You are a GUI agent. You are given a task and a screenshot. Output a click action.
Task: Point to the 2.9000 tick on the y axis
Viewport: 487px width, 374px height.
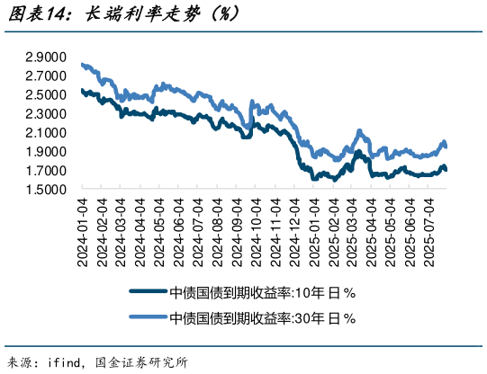click(x=45, y=57)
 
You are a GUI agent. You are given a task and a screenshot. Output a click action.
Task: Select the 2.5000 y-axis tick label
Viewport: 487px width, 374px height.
click(x=45, y=94)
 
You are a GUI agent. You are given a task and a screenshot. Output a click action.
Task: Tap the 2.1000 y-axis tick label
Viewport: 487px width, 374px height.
click(x=45, y=133)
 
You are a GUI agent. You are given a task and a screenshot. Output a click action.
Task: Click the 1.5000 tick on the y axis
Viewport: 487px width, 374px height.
click(x=45, y=190)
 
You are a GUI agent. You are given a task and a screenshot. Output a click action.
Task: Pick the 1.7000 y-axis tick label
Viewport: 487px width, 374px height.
click(x=45, y=171)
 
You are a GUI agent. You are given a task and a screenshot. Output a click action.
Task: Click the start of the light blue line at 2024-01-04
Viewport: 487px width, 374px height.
click(x=82, y=65)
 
